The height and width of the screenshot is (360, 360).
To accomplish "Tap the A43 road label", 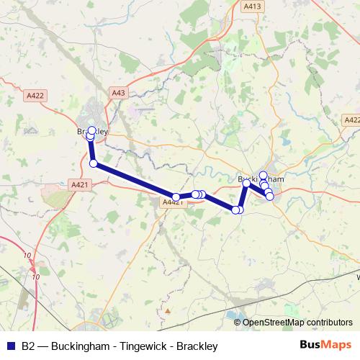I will click(x=119, y=92).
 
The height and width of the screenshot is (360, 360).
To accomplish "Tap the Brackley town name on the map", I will click(x=92, y=131).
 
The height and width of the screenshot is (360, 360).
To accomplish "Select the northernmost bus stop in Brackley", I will click(x=91, y=130).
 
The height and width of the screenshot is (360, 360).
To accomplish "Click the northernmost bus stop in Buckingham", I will click(x=264, y=175).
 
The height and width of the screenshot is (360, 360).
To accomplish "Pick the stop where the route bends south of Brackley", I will click(x=93, y=163).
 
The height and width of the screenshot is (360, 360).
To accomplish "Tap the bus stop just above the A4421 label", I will click(x=176, y=197).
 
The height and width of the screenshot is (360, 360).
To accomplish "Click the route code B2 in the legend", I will click(x=28, y=346).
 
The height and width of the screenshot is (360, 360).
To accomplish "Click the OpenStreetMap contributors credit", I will click(x=297, y=323).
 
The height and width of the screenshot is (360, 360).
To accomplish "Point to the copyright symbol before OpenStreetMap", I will click(x=238, y=323).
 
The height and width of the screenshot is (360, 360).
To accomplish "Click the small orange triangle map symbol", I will click(x=167, y=310).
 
